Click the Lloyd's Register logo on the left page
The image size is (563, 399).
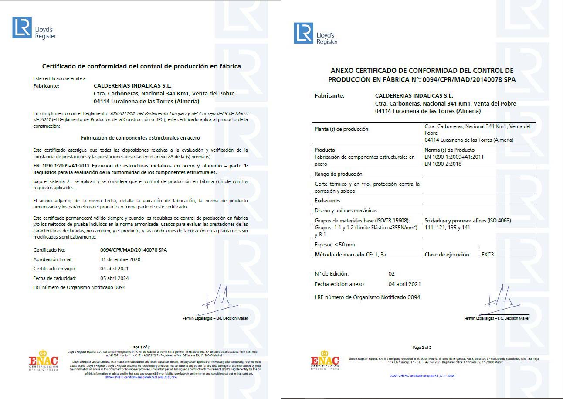tap(34, 28)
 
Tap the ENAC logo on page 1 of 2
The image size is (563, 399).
tap(43, 361)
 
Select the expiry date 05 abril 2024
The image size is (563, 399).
tap(115, 278)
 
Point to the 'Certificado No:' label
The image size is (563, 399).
tap(49, 250)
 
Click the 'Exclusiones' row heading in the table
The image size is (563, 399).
tap(328, 201)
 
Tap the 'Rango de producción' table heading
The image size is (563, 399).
tap(339, 174)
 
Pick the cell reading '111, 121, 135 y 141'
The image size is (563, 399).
tap(447, 228)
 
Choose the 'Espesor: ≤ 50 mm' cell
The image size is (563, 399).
tap(335, 245)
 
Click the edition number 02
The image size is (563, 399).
tap(391, 274)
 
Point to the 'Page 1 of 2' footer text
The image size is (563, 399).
tap(140, 347)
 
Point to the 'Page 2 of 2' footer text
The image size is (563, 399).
tap(422, 348)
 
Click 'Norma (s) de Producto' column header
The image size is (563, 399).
tap(450, 150)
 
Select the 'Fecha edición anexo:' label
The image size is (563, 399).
tap(340, 284)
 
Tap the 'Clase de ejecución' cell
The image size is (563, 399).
tap(447, 254)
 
